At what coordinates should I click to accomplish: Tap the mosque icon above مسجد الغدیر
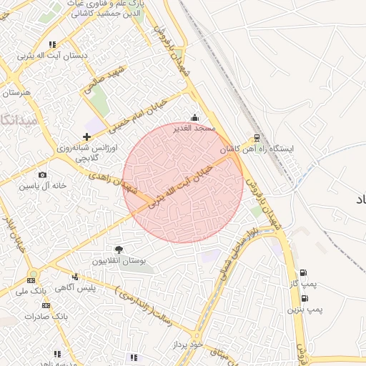(194, 117)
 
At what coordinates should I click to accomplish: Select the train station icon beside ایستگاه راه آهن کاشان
(257, 138)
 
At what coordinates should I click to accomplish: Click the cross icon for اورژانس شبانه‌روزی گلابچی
(87, 136)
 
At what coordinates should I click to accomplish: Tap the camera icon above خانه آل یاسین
(42, 175)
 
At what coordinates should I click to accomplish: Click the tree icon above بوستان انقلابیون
(118, 249)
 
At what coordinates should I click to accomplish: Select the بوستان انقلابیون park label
(118, 261)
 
